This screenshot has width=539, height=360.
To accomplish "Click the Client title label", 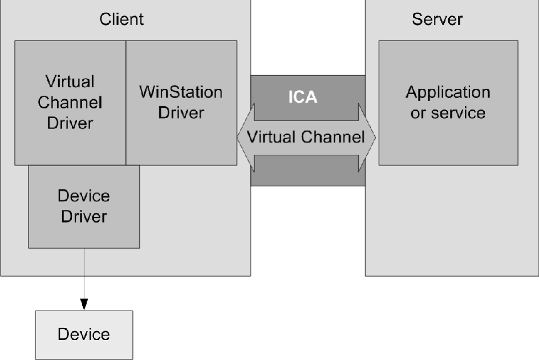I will tap(121, 19).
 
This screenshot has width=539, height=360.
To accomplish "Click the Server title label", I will tap(437, 19).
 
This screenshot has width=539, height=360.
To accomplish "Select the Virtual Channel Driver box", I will tap(70, 102).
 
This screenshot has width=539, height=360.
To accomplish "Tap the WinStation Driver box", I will tap(181, 102).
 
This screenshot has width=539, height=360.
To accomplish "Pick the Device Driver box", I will tap(84, 206).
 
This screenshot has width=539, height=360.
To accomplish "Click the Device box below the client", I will tap(84, 334).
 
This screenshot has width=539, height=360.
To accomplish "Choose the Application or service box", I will tap(448, 102).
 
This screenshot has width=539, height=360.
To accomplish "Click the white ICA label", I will tap(302, 97).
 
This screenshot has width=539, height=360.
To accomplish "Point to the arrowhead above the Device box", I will tap(84, 304).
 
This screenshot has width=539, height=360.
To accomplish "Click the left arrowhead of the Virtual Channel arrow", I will tap(244, 137).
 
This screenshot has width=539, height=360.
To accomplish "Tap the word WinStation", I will tap(181, 92).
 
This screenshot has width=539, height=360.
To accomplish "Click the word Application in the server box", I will tap(448, 92).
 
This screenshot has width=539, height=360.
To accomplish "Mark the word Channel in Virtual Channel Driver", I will tap(70, 103).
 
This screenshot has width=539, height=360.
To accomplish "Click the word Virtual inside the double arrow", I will tap(270, 137).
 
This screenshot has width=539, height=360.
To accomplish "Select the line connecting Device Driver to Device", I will tap(84, 274).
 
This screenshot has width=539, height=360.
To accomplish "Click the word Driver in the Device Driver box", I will tap(84, 216).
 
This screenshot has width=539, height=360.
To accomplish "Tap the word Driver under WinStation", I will tap(181, 112).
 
